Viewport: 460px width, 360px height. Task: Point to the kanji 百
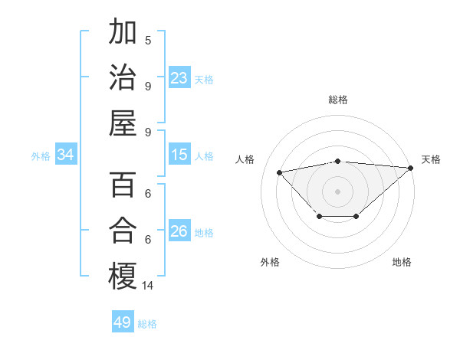pyautogui.click(x=123, y=185)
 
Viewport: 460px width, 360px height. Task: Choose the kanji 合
pyautogui.click(x=123, y=231)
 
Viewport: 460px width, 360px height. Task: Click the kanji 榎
pyautogui.click(x=123, y=277)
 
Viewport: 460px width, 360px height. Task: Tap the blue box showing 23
pyautogui.click(x=179, y=78)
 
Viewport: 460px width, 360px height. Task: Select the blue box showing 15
pyautogui.click(x=179, y=155)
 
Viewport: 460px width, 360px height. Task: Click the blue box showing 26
pyautogui.click(x=179, y=232)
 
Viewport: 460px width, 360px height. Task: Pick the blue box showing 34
pyautogui.click(x=66, y=155)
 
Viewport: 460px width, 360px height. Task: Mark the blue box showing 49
pyautogui.click(x=123, y=322)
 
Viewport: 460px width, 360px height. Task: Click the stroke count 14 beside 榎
pyautogui.click(x=148, y=286)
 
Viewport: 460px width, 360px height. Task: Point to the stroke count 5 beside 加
pyautogui.click(x=148, y=40)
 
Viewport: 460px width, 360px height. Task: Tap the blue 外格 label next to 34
pyautogui.click(x=41, y=156)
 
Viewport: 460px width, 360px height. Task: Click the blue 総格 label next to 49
pyautogui.click(x=148, y=324)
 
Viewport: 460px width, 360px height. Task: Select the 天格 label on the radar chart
pyautogui.click(x=431, y=159)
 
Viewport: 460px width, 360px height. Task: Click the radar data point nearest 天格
pyautogui.click(x=411, y=168)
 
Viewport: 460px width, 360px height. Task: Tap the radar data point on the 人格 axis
pyautogui.click(x=280, y=172)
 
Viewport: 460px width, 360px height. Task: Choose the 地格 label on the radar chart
pyautogui.click(x=402, y=262)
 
